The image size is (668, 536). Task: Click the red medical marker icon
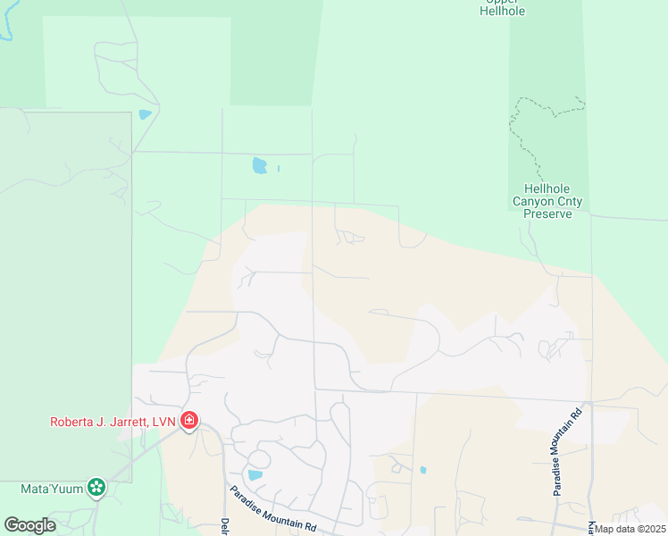point(188,420)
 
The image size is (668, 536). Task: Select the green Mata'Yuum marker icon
point(96,488)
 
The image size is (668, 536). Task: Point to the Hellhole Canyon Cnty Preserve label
point(547,201)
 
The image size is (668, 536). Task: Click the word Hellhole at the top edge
point(502,12)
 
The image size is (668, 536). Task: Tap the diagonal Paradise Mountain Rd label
point(273,509)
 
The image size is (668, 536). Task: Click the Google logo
point(30,524)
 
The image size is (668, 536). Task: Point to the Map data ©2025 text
point(628,529)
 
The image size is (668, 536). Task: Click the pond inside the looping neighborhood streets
point(255,475)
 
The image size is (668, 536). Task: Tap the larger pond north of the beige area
point(259,165)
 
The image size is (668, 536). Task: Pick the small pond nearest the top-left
point(145,114)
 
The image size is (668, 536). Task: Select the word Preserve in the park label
point(547,214)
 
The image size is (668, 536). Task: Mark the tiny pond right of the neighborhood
point(422,469)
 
